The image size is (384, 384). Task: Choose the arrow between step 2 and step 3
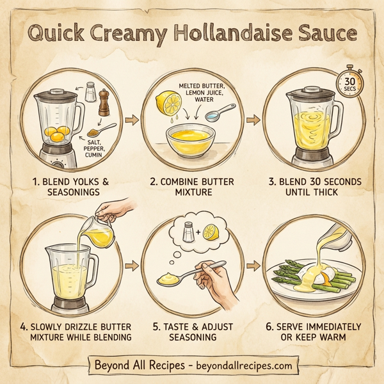pyautogui.click(x=252, y=120)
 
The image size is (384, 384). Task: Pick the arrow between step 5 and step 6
pyautogui.click(x=252, y=264)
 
